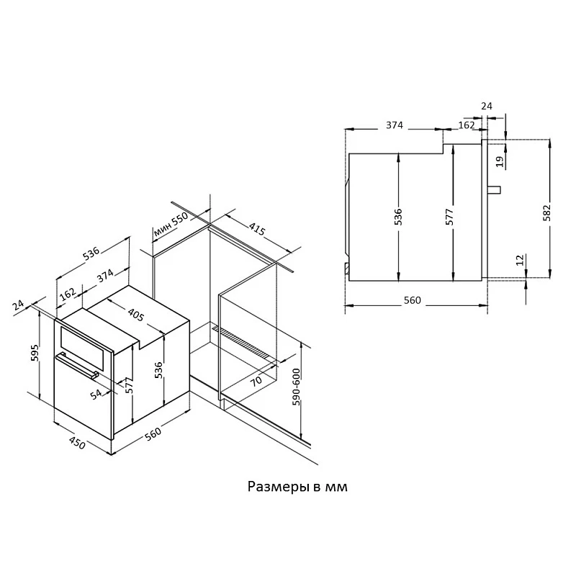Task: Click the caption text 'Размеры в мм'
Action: coord(297,487)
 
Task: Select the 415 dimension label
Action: coord(257,229)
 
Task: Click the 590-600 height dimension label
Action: coord(296,387)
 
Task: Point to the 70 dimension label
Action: coord(256,380)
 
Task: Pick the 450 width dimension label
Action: coord(78,443)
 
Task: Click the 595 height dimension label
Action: coord(35,353)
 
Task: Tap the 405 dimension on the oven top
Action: coord(136,315)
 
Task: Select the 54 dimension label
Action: coord(96,395)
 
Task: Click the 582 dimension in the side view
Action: coord(547,212)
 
